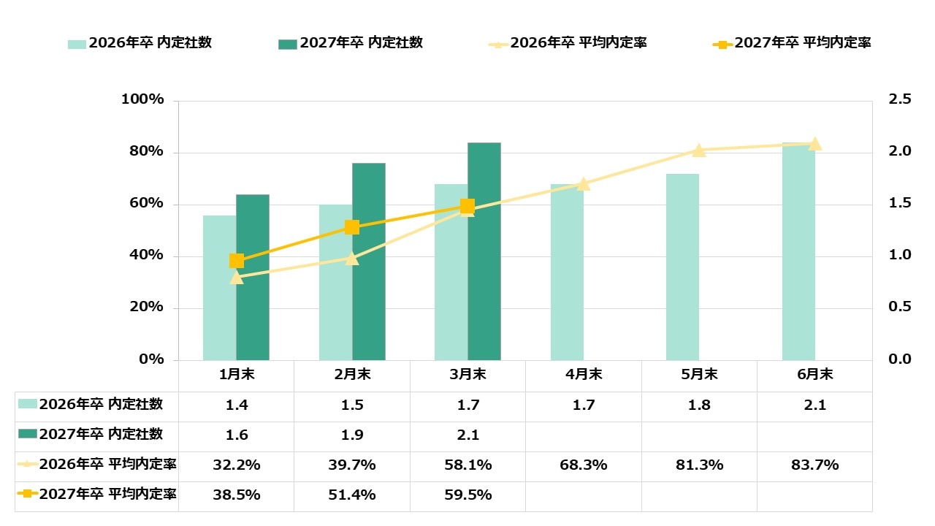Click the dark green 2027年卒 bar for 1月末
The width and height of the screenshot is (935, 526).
click(x=253, y=278)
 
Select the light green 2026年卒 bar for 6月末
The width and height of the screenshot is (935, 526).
click(x=798, y=251)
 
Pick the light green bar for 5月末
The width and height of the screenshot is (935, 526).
click(x=682, y=267)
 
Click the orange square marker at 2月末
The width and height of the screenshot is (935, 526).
click(x=352, y=227)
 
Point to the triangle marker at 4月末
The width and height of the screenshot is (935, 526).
click(x=583, y=184)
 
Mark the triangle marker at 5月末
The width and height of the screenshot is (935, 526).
click(x=699, y=150)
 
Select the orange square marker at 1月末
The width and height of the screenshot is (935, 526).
click(x=237, y=261)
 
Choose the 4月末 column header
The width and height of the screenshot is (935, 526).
click(x=583, y=375)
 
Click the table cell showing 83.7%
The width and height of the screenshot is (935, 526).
click(x=814, y=465)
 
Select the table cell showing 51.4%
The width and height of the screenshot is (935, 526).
click(x=352, y=495)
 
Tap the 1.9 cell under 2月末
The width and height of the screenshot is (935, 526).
click(x=352, y=435)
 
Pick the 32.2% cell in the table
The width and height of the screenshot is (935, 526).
click(x=237, y=465)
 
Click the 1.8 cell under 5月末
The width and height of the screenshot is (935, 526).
click(x=699, y=405)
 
